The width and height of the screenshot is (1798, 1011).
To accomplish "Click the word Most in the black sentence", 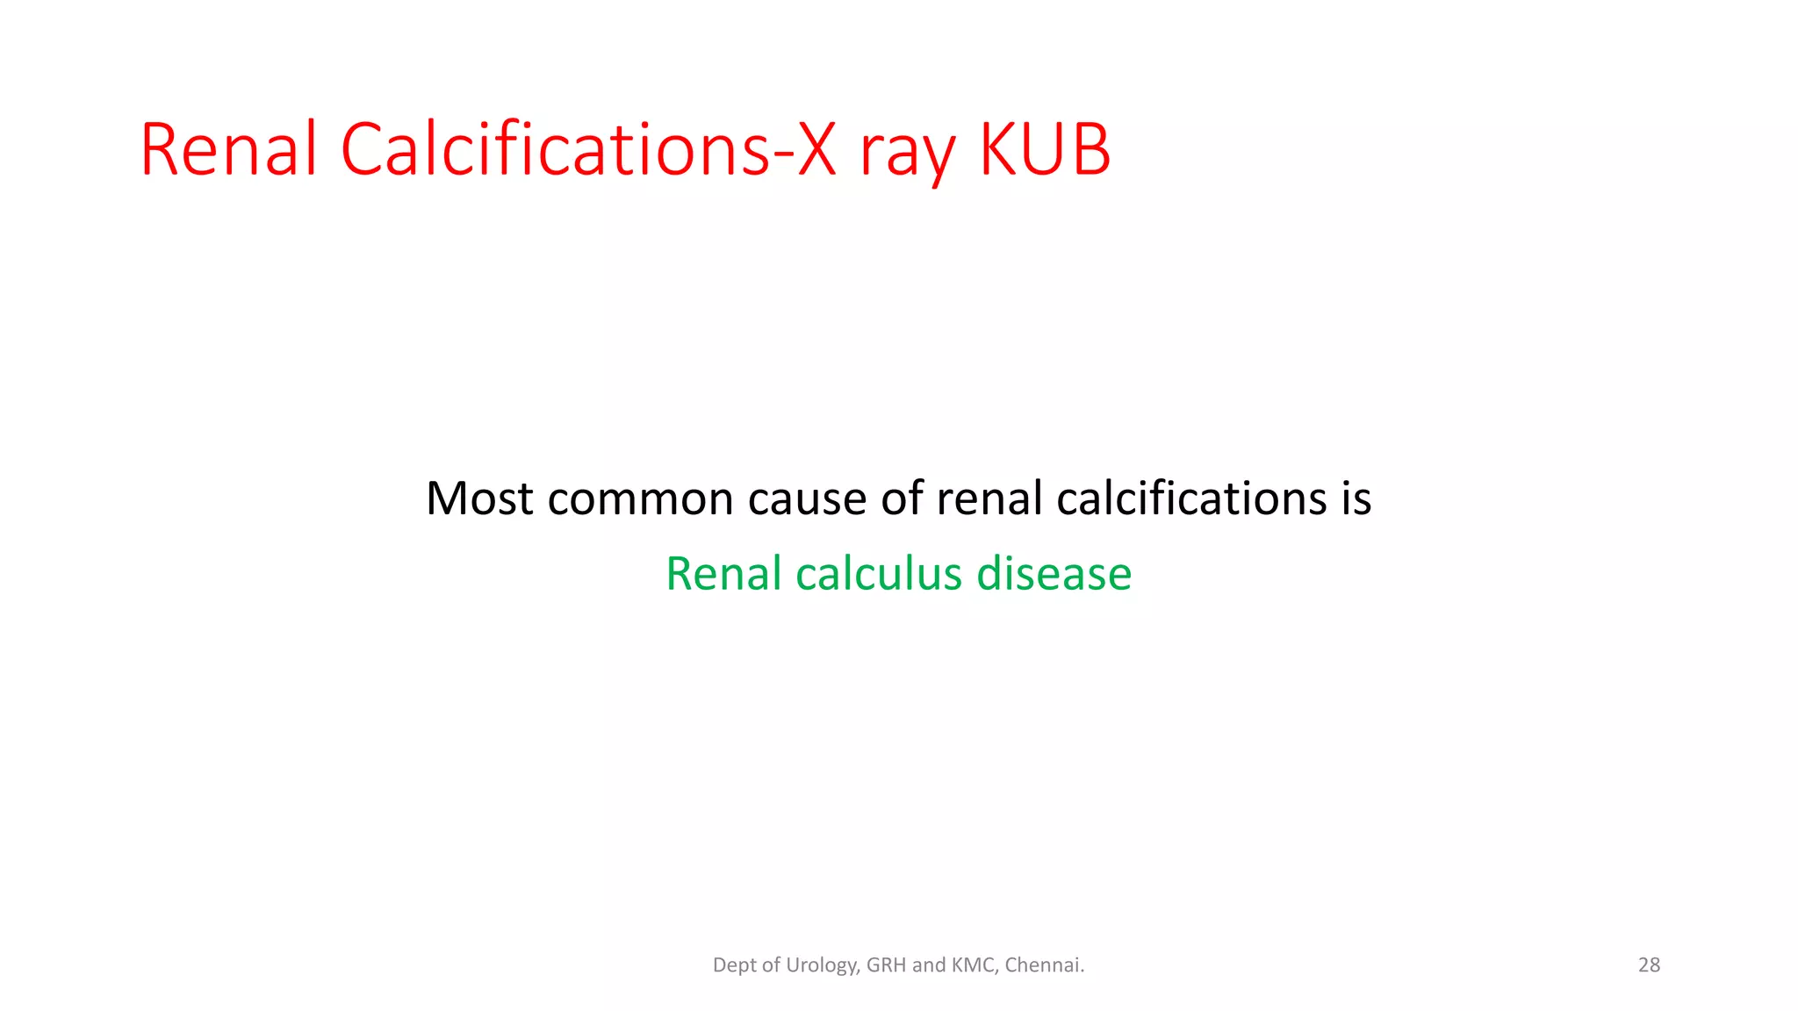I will [x=479, y=498].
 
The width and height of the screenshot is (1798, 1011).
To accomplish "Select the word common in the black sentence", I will [x=641, y=498].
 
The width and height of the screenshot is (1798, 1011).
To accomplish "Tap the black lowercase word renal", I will [x=989, y=498].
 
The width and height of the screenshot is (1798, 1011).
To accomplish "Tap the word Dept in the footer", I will [x=734, y=965].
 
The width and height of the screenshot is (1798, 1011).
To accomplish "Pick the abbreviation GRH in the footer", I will [x=887, y=965].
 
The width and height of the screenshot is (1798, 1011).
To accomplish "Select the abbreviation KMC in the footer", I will [x=974, y=965].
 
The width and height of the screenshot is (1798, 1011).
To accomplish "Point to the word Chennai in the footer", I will [x=1044, y=965].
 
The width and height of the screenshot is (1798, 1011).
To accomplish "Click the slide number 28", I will [x=1649, y=965].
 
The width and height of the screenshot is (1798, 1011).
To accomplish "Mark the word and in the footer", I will [x=929, y=965].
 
